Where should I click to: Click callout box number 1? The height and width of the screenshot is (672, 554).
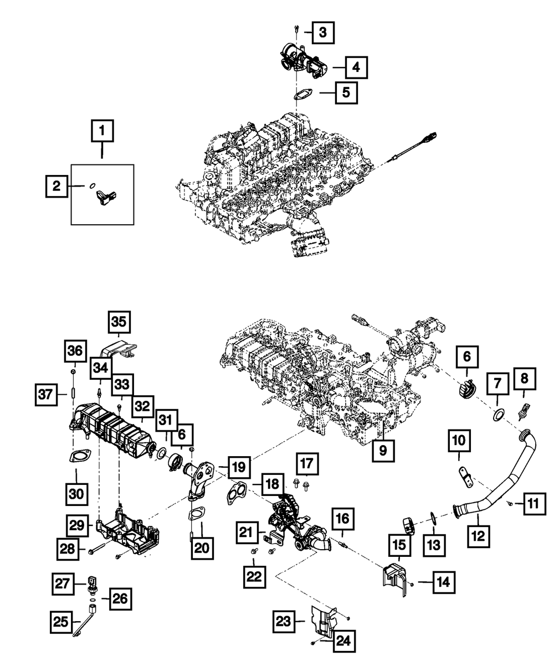pos(102,132)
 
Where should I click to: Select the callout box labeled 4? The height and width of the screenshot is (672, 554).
pos(356,68)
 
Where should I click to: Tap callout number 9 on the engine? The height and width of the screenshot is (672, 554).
pos(383,451)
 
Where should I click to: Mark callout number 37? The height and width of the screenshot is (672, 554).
pos(47,394)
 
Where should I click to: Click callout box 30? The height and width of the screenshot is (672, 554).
pos(76,493)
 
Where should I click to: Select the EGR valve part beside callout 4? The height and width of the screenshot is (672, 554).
pos(302,63)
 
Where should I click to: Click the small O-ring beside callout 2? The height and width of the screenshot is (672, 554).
pos(92,185)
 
